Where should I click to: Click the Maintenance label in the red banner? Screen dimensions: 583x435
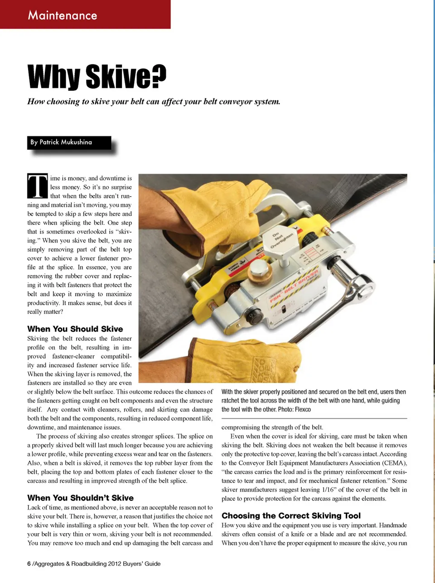(x=63, y=15)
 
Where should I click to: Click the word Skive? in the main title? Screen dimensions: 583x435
(x=126, y=77)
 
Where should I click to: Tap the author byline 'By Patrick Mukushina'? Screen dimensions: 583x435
(x=61, y=142)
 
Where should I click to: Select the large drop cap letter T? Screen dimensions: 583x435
(x=38, y=186)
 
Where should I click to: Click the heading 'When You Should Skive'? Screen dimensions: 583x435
(x=75, y=329)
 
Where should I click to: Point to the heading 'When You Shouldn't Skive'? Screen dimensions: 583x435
(x=80, y=498)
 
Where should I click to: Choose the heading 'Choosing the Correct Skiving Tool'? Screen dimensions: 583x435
(x=291, y=515)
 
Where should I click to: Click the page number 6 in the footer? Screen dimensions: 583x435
(x=29, y=564)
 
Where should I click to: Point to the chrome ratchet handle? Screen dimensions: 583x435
(x=358, y=281)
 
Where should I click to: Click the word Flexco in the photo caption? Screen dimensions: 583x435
(x=303, y=409)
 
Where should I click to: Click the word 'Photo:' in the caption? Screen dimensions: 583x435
(x=285, y=409)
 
